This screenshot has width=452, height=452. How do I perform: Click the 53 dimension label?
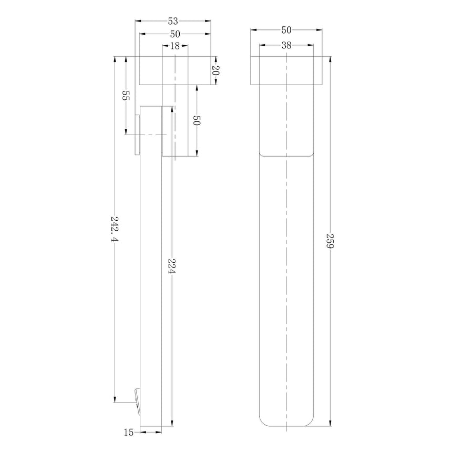coord(173,21)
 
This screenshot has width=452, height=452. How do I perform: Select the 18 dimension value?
coord(175,46)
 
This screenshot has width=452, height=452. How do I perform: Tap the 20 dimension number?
coord(215,70)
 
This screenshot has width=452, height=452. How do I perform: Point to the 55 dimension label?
coord(126,96)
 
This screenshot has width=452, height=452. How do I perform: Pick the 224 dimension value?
coord(172,266)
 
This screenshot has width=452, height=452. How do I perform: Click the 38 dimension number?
coord(286,45)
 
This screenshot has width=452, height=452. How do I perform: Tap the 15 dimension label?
coord(129,432)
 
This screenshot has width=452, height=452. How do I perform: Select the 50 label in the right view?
coord(286,29)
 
